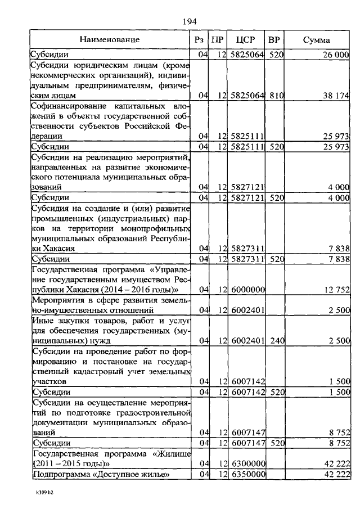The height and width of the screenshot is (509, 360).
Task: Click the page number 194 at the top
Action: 188,21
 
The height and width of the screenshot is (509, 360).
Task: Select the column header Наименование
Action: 109,40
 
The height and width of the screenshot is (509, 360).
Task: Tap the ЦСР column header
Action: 246,40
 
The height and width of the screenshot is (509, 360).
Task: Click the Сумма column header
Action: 317,40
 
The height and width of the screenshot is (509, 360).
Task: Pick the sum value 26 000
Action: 335,55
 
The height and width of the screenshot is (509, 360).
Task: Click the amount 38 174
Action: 336,96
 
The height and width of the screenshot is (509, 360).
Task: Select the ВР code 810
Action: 276,96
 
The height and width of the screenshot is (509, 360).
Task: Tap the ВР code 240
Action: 276,340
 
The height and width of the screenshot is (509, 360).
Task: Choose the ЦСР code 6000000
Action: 247,290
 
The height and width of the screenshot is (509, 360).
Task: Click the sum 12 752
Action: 336,290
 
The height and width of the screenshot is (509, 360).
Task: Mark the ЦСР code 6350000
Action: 247,475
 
